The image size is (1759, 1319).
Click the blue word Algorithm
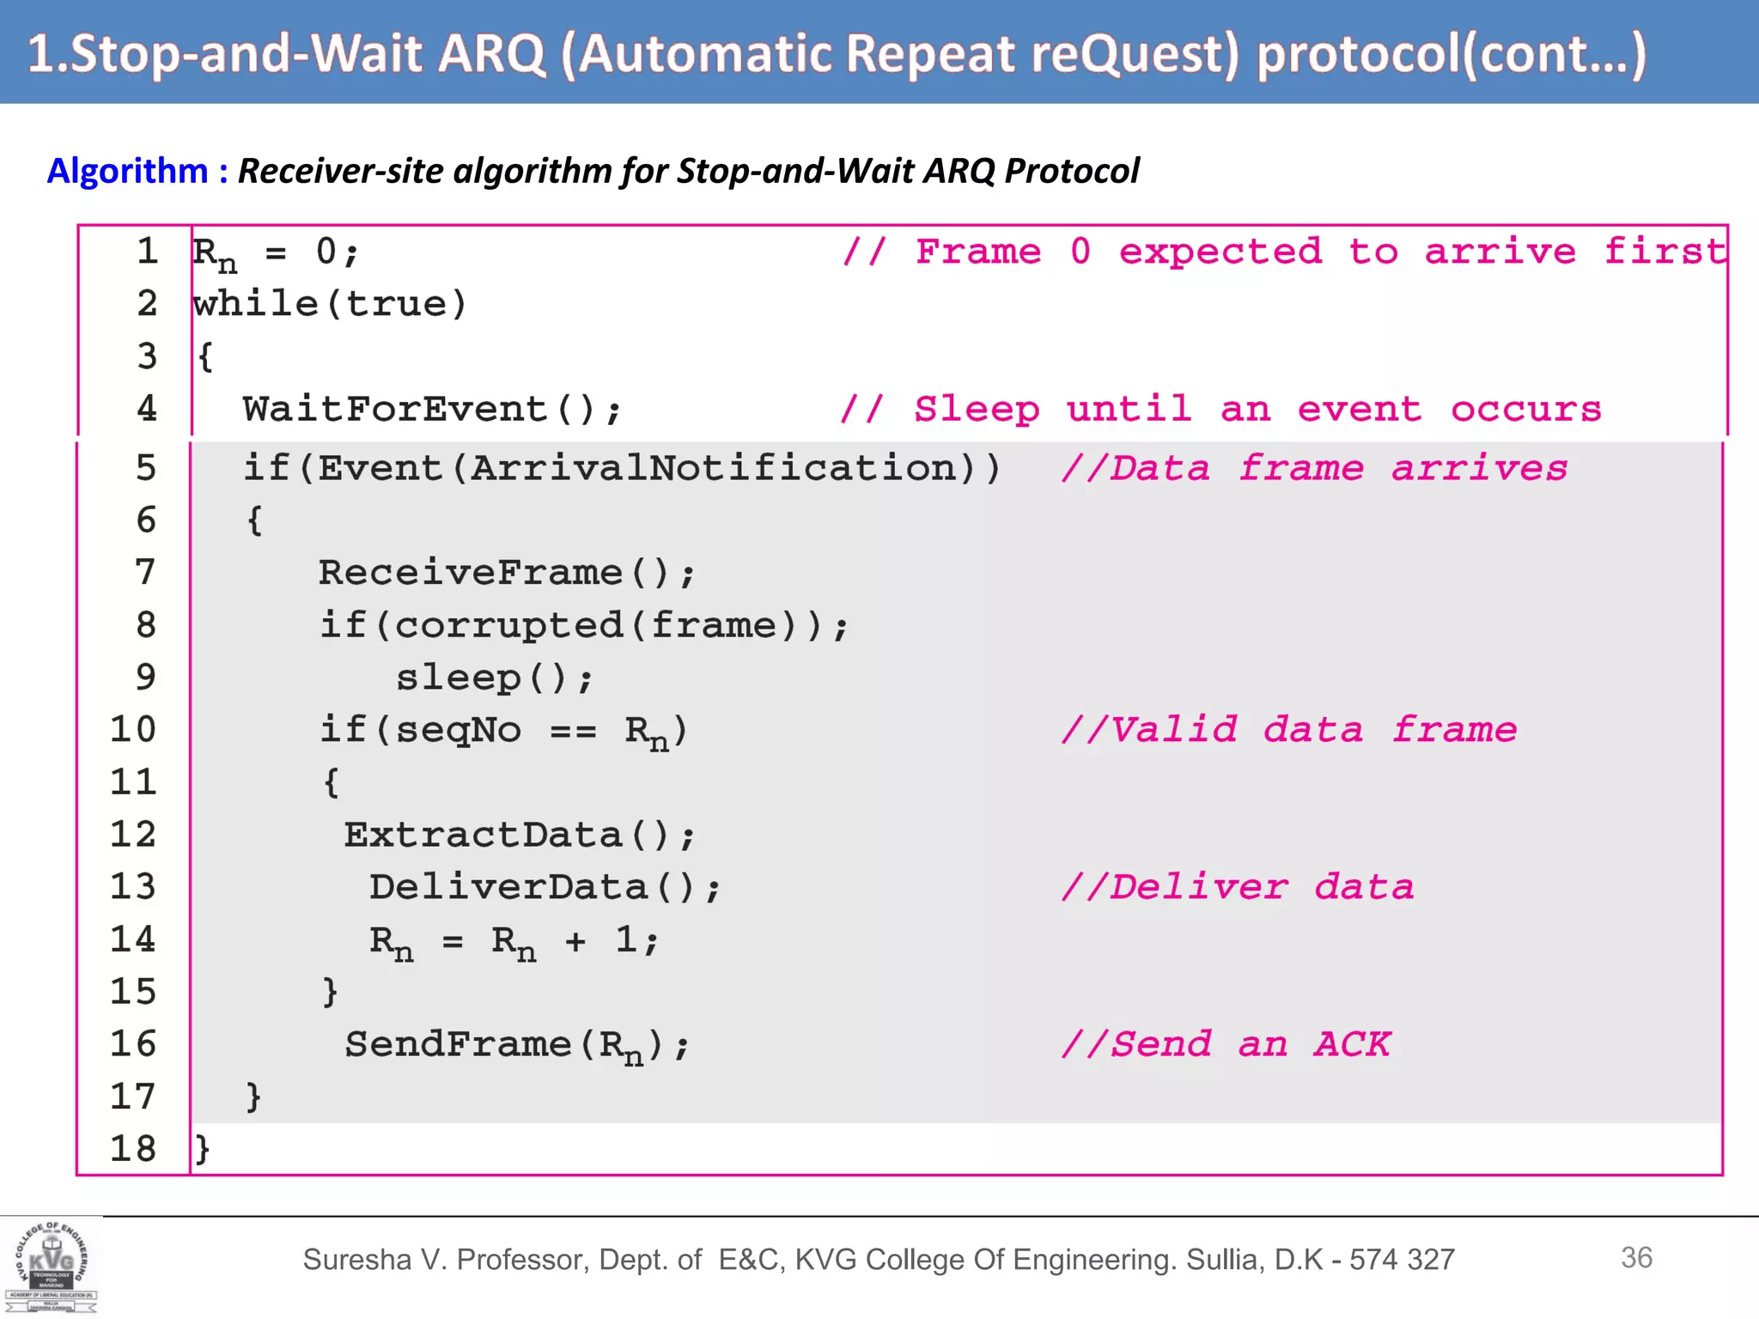127,171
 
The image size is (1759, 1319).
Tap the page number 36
1636,1257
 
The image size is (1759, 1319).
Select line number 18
133,1149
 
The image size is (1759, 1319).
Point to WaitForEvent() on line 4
431,409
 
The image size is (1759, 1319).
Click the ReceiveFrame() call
506,573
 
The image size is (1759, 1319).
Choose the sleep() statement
494,678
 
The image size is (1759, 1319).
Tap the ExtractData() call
519,835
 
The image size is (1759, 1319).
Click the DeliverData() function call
545,887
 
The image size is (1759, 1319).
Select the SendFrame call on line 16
516,1044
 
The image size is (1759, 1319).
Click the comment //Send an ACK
1226,1044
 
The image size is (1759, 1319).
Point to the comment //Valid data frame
1288,730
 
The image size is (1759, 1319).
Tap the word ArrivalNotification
712,468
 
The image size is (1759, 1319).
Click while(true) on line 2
330,304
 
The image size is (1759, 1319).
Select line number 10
133,730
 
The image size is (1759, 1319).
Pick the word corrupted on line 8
508,625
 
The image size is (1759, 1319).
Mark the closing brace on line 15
331,991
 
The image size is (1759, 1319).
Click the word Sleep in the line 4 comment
977,409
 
